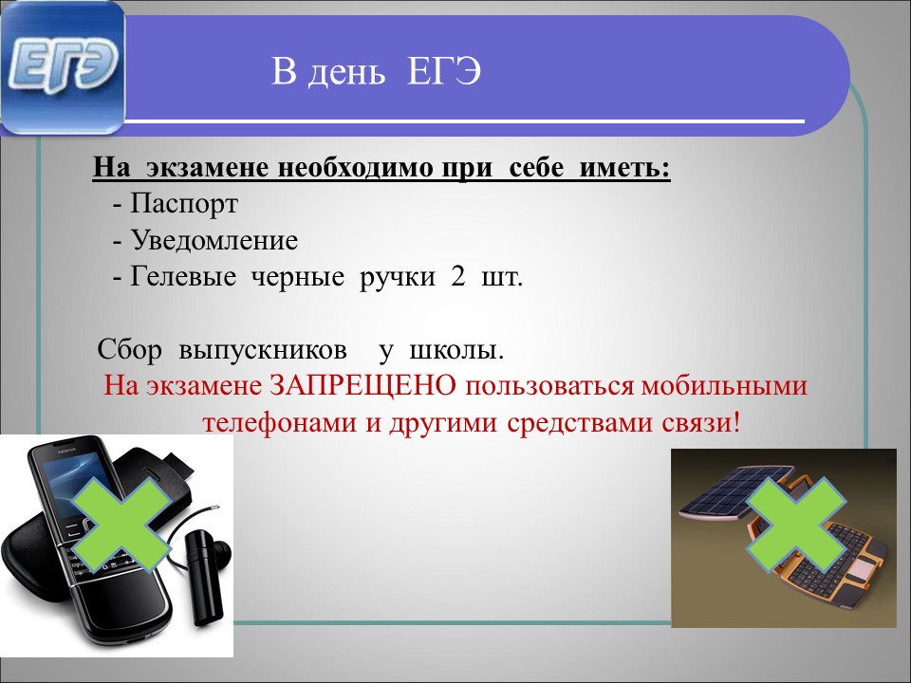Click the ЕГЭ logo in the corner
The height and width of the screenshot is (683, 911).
click(63, 68)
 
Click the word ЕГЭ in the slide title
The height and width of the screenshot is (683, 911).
click(444, 73)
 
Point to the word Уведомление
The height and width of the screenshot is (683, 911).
click(214, 240)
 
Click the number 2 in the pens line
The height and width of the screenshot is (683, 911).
click(457, 276)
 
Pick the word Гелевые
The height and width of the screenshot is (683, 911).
click(183, 276)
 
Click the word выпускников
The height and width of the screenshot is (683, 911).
click(263, 350)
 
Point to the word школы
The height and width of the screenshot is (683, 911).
click(456, 350)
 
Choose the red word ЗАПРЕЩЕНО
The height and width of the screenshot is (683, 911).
click(363, 386)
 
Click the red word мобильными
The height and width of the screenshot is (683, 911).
click(724, 386)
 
